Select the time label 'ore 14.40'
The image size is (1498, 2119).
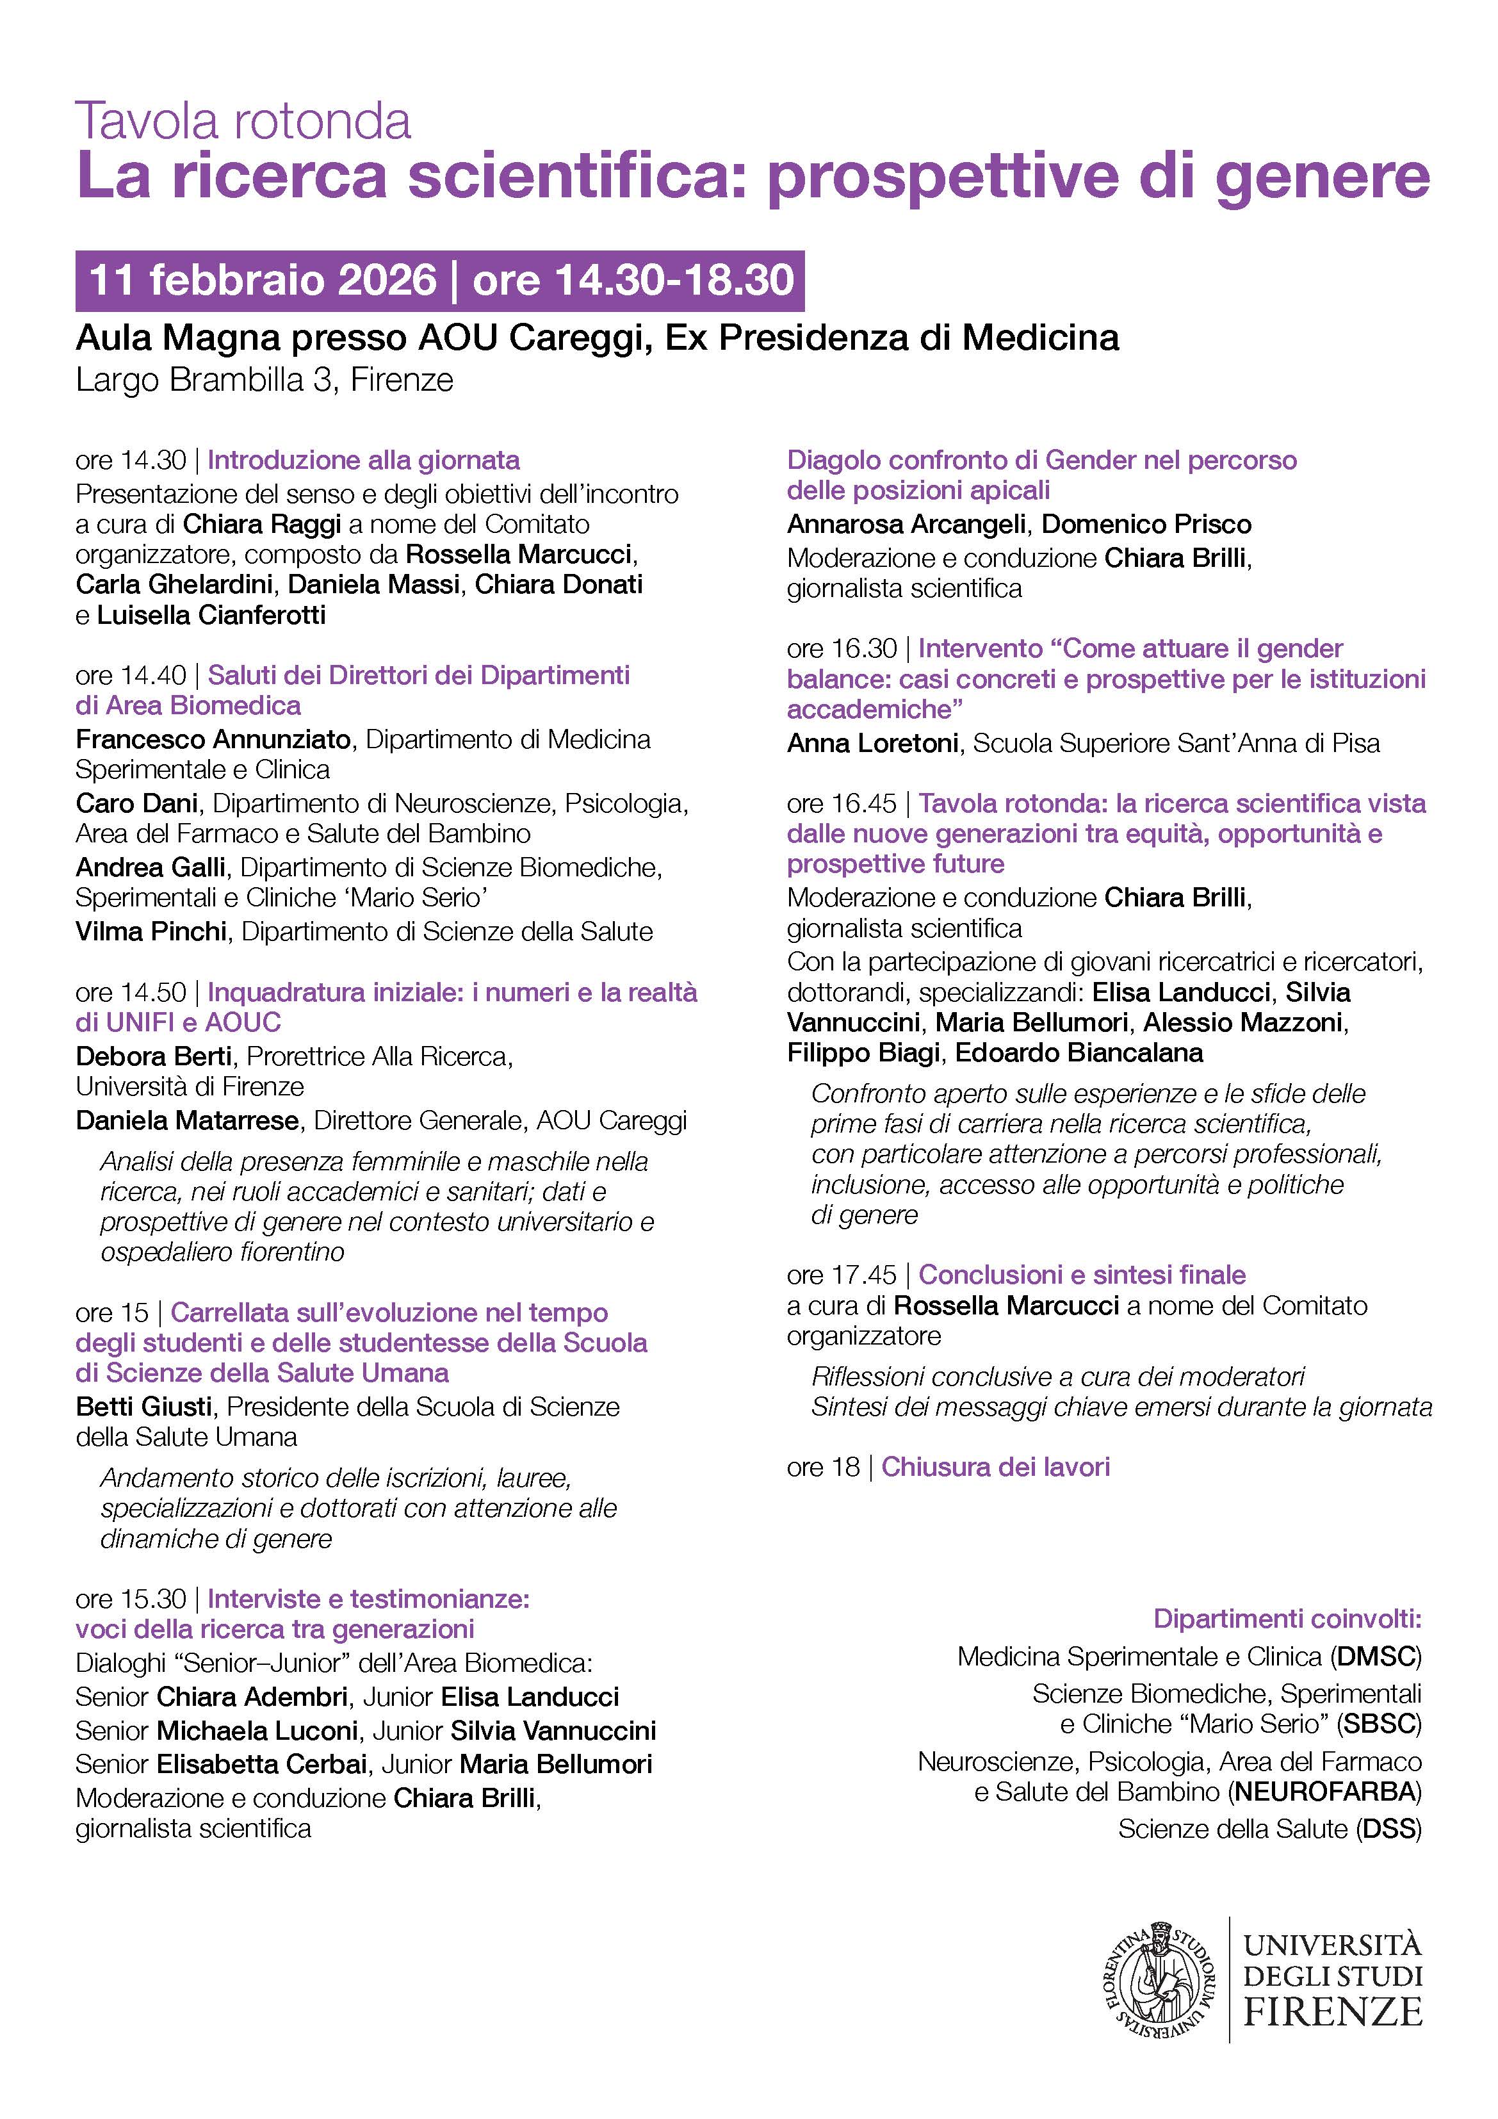pos(131,676)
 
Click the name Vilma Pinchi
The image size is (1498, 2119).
pos(151,931)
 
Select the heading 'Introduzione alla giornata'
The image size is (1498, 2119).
pos(364,460)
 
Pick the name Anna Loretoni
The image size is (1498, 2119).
pos(872,743)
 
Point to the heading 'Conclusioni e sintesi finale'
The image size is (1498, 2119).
pos(1082,1275)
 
